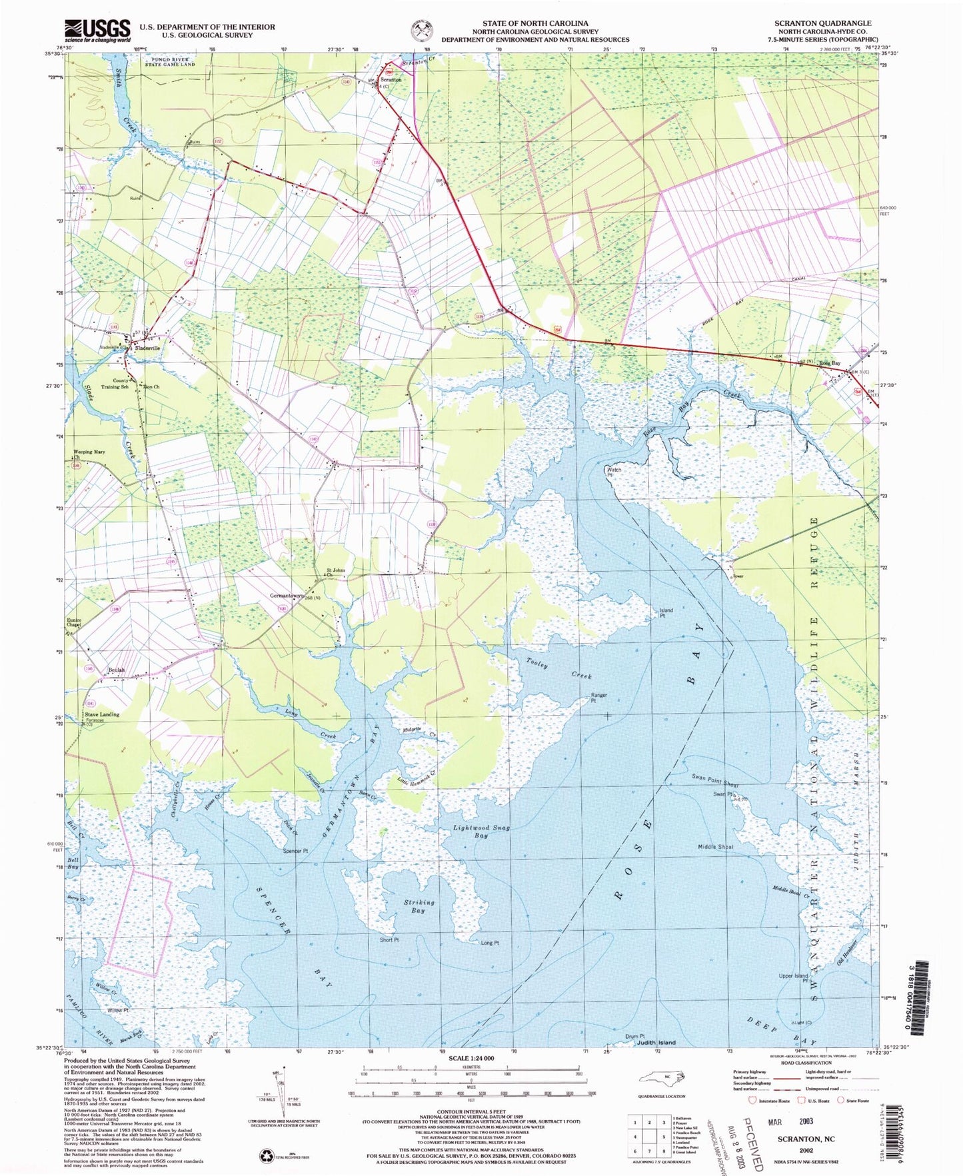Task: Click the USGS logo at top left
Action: [x=98, y=30]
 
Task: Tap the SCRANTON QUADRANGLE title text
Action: [x=822, y=23]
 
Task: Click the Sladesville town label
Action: [x=147, y=348]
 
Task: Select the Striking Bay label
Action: [x=419, y=906]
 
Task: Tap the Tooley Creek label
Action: [x=558, y=668]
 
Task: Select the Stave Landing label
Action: [x=102, y=714]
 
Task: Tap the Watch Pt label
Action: [x=614, y=471]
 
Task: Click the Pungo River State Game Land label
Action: [x=169, y=61]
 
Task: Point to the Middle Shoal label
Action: [x=715, y=847]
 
